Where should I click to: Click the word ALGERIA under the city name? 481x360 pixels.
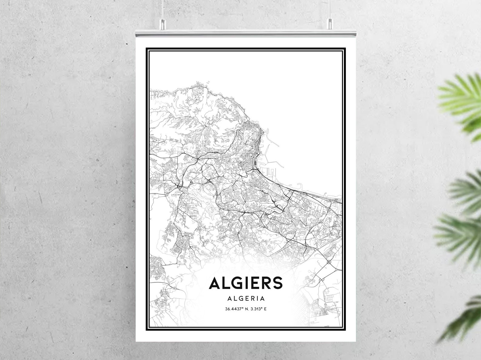246,299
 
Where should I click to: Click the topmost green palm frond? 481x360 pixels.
460,97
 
